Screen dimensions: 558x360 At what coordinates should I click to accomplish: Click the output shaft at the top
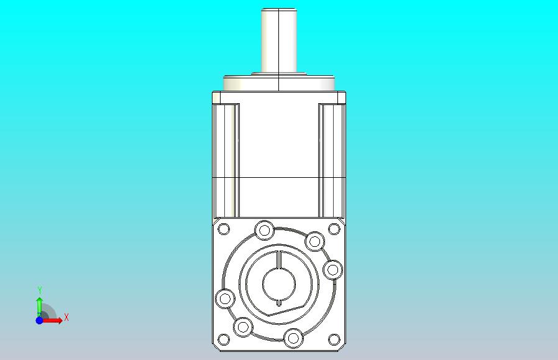pos(279,40)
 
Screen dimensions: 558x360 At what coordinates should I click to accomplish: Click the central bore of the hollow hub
pos(279,284)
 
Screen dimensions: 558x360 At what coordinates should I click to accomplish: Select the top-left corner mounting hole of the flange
pos(224,229)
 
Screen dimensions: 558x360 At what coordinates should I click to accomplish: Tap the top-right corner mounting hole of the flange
pos(334,229)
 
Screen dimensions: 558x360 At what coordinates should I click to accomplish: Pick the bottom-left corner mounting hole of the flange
pos(224,339)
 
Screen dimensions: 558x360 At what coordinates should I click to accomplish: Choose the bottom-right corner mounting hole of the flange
pos(334,339)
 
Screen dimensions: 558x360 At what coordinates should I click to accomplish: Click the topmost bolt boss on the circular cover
pos(265,231)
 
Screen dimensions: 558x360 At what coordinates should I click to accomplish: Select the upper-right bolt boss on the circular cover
pos(314,241)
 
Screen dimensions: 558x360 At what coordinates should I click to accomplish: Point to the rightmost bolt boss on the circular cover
pos(332,270)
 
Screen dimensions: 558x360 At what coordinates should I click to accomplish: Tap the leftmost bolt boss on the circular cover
pos(225,298)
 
